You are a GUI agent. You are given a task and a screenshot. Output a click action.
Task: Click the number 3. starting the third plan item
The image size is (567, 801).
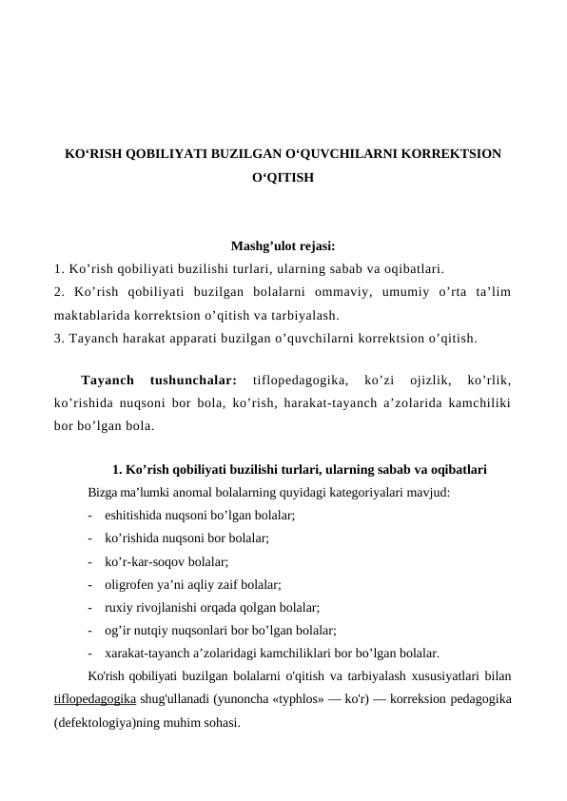click(x=60, y=336)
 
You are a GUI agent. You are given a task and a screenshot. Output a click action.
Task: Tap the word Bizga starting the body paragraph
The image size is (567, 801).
click(x=103, y=494)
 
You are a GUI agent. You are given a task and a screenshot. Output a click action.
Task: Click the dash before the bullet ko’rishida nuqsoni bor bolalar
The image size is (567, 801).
click(x=88, y=538)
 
